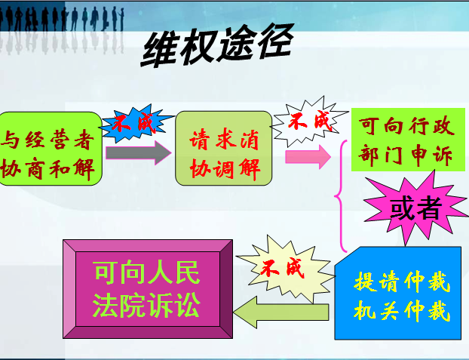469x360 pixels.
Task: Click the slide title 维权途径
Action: pyautogui.click(x=217, y=45)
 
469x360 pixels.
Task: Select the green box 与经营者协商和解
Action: pyautogui.click(x=51, y=149)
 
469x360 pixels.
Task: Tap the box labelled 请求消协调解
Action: pyautogui.click(x=223, y=149)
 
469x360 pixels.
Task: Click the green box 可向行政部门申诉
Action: pyautogui.click(x=408, y=140)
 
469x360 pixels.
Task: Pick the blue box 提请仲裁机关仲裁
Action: pyautogui.click(x=398, y=294)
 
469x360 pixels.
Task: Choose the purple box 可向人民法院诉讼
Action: pyautogui.click(x=148, y=289)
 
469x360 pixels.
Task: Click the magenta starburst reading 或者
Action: pyautogui.click(x=415, y=208)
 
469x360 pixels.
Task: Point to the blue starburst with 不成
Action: pyautogui.click(x=136, y=123)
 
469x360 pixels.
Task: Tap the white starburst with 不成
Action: pyautogui.click(x=310, y=122)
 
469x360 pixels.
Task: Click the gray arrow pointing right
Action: pyautogui.click(x=139, y=152)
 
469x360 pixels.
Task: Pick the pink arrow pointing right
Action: pyautogui.click(x=308, y=157)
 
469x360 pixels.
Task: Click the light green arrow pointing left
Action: pyautogui.click(x=280, y=312)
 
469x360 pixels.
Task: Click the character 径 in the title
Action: pyautogui.click(x=275, y=42)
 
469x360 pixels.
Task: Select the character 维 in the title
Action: pyautogui.click(x=159, y=49)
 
